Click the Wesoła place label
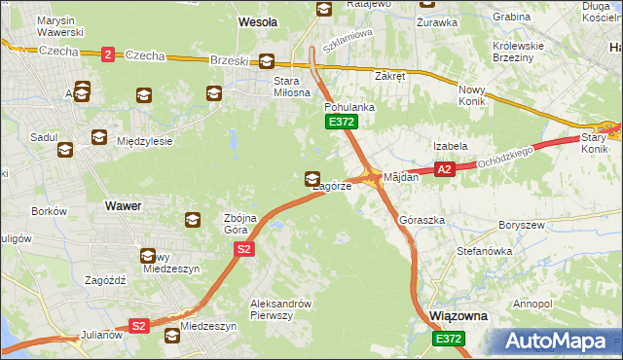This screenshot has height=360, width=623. point(258,20)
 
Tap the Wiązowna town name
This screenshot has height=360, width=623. point(458,317)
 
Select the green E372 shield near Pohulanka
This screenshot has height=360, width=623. point(342,122)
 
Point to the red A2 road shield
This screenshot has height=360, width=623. point(445,169)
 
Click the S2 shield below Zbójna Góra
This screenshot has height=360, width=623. point(244,250)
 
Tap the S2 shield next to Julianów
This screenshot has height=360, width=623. point(139,326)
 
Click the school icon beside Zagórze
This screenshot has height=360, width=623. point(311,178)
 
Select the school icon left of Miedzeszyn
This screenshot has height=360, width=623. point(172,336)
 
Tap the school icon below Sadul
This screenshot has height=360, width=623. point(65,150)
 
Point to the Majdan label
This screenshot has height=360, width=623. point(401,177)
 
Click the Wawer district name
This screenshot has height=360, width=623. point(123,206)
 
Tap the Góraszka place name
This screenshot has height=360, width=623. point(422,221)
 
